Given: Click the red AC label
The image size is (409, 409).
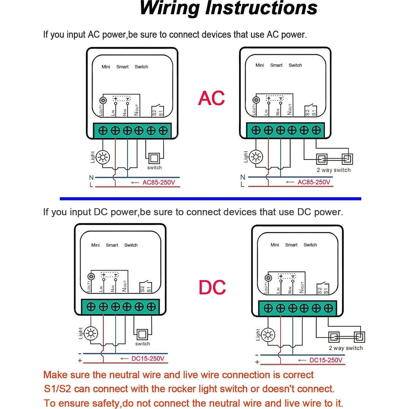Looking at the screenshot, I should [x=211, y=98].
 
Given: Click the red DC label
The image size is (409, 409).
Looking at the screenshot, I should [x=212, y=287].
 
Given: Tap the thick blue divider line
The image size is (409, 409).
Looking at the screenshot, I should [x=210, y=198].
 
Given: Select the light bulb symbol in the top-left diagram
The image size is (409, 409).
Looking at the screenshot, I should [x=103, y=157].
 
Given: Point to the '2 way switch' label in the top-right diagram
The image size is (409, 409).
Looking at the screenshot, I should [x=333, y=170].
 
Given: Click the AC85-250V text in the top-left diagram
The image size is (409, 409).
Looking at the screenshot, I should [x=159, y=182].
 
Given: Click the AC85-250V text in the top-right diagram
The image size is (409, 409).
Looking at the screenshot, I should [x=314, y=182].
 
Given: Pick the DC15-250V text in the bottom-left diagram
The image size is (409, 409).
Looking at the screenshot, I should [x=148, y=359].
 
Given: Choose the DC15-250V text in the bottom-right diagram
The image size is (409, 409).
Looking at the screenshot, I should [x=326, y=360].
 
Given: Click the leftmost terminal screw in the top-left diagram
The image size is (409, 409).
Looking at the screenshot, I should [x=103, y=131].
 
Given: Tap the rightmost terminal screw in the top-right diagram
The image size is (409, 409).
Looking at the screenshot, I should [x=316, y=130].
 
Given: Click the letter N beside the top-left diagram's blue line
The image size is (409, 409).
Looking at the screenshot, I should [x=91, y=178].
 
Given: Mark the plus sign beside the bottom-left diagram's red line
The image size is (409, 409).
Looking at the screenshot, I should [x=80, y=361].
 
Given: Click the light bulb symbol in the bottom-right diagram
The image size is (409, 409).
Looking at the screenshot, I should [x=268, y=335].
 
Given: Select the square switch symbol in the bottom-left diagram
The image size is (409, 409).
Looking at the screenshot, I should [x=142, y=335].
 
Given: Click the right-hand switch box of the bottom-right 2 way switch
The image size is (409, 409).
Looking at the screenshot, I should [x=359, y=337].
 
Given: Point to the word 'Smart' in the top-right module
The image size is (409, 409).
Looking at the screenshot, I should [x=276, y=65].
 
